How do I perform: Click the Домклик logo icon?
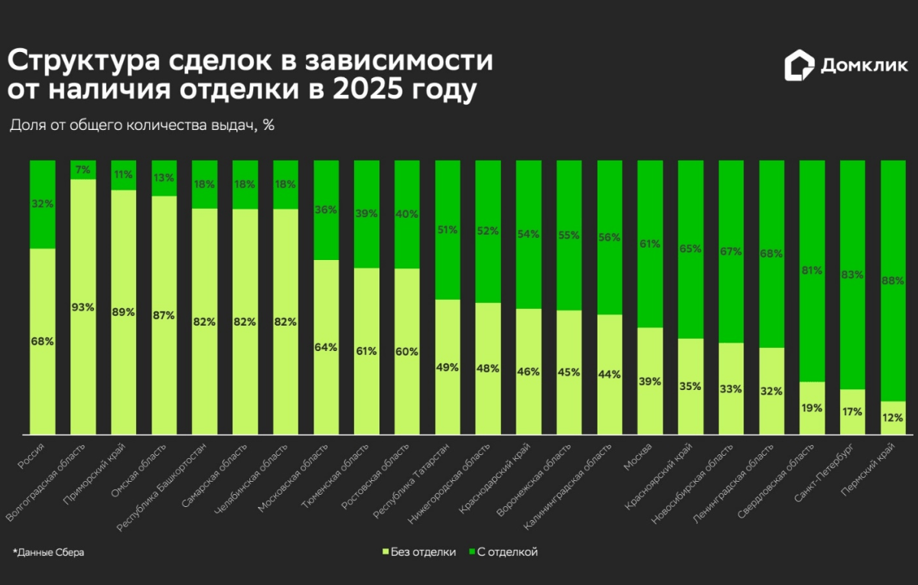799,66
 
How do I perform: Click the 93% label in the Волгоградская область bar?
83,307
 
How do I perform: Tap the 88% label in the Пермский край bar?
893,280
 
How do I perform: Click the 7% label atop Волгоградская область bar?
83,169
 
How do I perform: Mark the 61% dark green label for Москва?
649,244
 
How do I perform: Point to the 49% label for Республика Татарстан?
447,367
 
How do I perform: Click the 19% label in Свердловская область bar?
811,408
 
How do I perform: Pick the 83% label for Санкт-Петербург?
852,274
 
